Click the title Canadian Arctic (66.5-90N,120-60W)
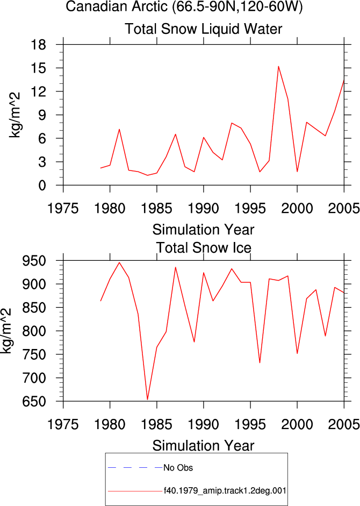tap(184, 6)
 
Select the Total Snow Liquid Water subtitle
tap(203, 29)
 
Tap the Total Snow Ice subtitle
tap(204, 248)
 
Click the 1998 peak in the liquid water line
tap(278, 67)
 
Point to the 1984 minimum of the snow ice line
tap(147, 400)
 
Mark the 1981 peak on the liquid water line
tap(119, 130)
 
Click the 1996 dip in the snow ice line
tap(260, 363)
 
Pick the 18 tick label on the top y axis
tap(39, 45)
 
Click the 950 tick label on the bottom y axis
tap(34, 260)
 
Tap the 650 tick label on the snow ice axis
tap(34, 402)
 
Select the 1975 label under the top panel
tap(63, 208)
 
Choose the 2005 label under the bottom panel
tap(344, 424)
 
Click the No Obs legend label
tap(178, 468)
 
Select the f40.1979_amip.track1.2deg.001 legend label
tap(225, 491)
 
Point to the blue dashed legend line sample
tap(135, 468)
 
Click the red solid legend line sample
tap(135, 491)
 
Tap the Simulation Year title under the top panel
tap(203, 230)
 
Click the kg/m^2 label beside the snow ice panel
tap(6, 331)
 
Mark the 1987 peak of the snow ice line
tap(176, 267)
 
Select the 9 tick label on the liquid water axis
tap(42, 115)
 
